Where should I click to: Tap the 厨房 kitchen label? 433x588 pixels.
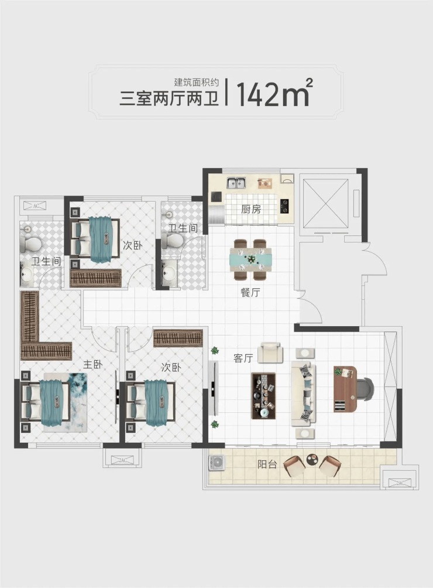(251, 209)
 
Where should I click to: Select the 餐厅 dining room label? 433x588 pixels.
(250, 292)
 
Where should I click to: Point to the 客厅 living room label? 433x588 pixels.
(243, 358)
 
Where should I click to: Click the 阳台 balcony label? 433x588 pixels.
(267, 464)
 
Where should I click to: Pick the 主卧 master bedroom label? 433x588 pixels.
(92, 364)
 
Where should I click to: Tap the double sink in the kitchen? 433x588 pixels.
(236, 183)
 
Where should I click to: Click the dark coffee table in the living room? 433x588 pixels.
(264, 396)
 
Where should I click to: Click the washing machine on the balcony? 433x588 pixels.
(217, 462)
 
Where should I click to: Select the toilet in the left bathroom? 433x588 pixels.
(30, 244)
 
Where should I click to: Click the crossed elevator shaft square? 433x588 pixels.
(325, 203)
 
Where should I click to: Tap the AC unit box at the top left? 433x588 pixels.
(35, 206)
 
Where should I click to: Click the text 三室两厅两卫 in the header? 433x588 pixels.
(169, 99)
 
